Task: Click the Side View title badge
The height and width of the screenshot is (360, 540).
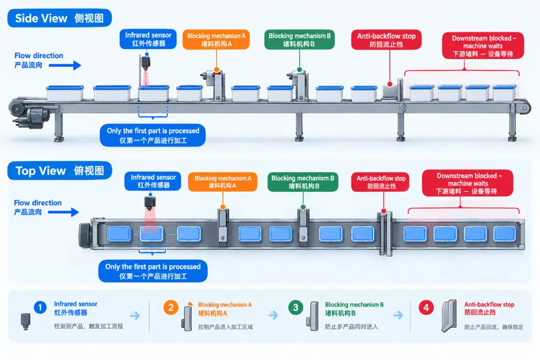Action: pos(60,18)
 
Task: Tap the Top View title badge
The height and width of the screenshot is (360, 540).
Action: pos(60,171)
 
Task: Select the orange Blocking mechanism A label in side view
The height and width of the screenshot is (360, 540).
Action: pos(216,40)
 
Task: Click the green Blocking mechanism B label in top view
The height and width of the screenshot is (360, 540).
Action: pos(303,182)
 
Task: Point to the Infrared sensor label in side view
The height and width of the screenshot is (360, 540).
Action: pos(148,39)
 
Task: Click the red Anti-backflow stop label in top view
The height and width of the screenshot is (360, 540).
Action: pos(381,182)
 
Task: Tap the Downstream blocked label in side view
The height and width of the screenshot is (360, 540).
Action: pos(483,46)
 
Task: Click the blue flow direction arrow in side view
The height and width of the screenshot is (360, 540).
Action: pos(65,65)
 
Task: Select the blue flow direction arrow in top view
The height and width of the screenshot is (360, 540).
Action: pos(64,212)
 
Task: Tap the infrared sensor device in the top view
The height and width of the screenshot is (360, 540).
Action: pos(150,203)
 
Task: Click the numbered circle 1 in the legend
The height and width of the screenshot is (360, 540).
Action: pos(40,307)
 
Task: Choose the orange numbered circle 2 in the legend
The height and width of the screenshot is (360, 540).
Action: pos(171,308)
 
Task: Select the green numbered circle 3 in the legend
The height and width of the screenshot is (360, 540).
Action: pos(296,307)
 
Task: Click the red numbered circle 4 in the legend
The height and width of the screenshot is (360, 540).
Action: pos(426,307)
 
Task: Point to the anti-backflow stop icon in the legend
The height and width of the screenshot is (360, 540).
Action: pos(449,316)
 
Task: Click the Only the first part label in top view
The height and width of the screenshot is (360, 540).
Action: pos(153,271)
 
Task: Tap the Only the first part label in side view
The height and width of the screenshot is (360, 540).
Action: pos(152,135)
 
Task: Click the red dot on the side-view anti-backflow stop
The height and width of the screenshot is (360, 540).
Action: pos(390,84)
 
